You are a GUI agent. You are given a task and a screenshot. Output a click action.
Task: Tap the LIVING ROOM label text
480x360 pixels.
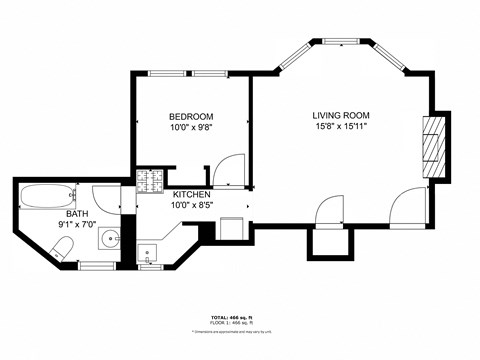coord(342,115)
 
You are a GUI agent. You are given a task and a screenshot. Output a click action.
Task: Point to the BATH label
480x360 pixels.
coord(77,214)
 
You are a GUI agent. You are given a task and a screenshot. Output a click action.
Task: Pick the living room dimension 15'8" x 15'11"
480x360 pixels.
coord(342,127)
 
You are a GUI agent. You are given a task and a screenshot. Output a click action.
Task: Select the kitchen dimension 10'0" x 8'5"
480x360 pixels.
coord(192,206)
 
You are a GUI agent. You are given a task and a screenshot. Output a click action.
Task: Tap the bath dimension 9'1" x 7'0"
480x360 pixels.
coord(77,225)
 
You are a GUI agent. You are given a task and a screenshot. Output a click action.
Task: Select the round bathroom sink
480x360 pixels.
coord(109,240)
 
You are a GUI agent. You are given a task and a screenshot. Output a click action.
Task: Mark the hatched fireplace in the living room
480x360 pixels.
coord(431,145)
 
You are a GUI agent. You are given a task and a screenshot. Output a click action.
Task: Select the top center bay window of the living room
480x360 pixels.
coord(342,41)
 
